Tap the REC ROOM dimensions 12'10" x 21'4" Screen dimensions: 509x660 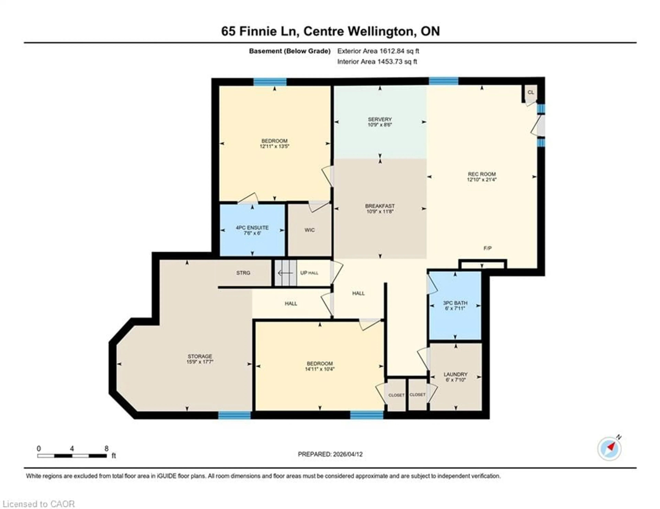(482, 179)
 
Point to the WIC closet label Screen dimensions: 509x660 (309, 230)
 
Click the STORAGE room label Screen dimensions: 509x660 (200, 356)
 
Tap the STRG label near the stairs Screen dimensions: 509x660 (243, 273)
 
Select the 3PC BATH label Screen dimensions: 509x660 (455, 303)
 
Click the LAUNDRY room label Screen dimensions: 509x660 (455, 374)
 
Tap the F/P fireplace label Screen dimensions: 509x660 (487, 248)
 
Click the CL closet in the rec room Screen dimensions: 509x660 (531, 92)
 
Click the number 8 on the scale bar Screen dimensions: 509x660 (106, 449)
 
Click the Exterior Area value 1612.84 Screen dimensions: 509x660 (392, 51)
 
